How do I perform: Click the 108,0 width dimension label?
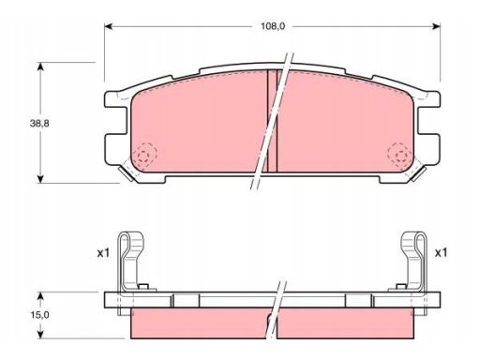273,26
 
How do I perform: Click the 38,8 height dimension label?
39,124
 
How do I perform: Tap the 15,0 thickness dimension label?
39,315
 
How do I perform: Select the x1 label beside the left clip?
103,253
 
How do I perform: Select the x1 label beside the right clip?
441,253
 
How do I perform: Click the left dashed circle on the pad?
144,154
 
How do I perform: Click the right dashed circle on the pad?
399,154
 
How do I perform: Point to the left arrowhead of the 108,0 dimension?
108,26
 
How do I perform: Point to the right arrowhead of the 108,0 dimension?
436,26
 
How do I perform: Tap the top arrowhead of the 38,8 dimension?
40,67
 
